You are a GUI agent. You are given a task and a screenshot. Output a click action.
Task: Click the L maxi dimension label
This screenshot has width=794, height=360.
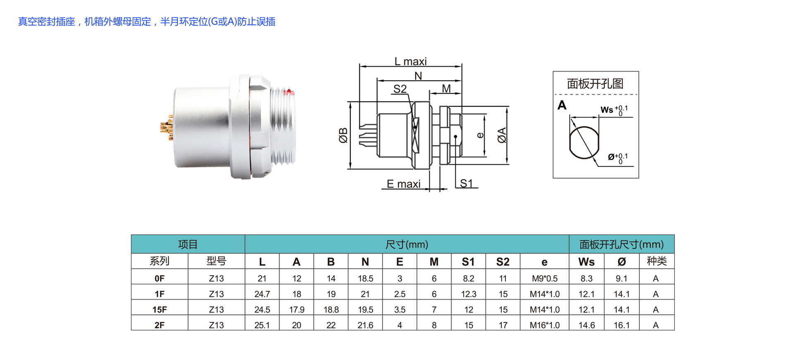410,61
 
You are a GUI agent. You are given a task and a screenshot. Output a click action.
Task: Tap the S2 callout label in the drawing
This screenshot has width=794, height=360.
400,89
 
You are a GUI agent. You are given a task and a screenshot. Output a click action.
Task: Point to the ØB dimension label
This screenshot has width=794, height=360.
343,135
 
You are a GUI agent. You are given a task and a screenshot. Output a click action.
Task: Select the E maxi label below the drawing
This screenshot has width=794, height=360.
404,184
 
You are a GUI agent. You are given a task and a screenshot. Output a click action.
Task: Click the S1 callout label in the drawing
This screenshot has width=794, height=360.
466,183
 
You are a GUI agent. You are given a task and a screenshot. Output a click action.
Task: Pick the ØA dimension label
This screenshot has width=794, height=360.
502,135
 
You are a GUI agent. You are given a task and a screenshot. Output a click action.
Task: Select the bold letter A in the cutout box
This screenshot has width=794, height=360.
562,105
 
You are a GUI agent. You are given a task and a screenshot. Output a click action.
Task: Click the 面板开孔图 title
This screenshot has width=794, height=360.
595,84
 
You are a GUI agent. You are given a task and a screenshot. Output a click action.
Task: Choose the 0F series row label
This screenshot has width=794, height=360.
159,278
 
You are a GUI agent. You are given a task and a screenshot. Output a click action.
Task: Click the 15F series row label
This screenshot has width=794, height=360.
159,310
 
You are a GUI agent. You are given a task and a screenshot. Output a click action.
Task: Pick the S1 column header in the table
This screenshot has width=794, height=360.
468,262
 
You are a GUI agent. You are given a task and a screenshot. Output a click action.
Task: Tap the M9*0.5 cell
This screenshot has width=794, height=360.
544,278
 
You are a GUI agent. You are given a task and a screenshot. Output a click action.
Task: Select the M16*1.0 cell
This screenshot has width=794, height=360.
544,325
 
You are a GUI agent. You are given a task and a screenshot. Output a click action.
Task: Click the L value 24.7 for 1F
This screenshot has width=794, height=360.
262,294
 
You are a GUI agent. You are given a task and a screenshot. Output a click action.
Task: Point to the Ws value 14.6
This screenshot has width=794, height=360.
586,325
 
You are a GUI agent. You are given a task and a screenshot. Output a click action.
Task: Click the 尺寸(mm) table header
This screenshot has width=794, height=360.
407,245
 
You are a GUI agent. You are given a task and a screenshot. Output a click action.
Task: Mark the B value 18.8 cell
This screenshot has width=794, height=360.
331,310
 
